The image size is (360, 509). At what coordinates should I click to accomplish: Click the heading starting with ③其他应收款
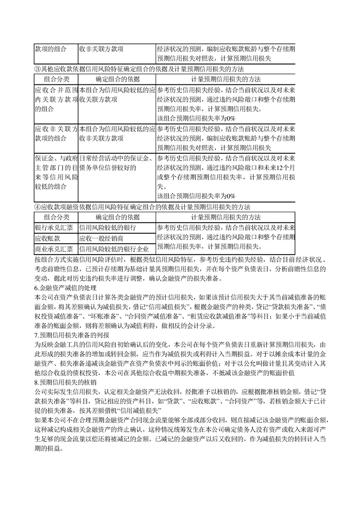[x=139, y=69]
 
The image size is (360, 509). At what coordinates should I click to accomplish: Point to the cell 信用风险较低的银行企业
[x=114, y=249]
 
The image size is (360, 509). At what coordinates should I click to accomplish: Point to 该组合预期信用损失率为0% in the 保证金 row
[x=196, y=196]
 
